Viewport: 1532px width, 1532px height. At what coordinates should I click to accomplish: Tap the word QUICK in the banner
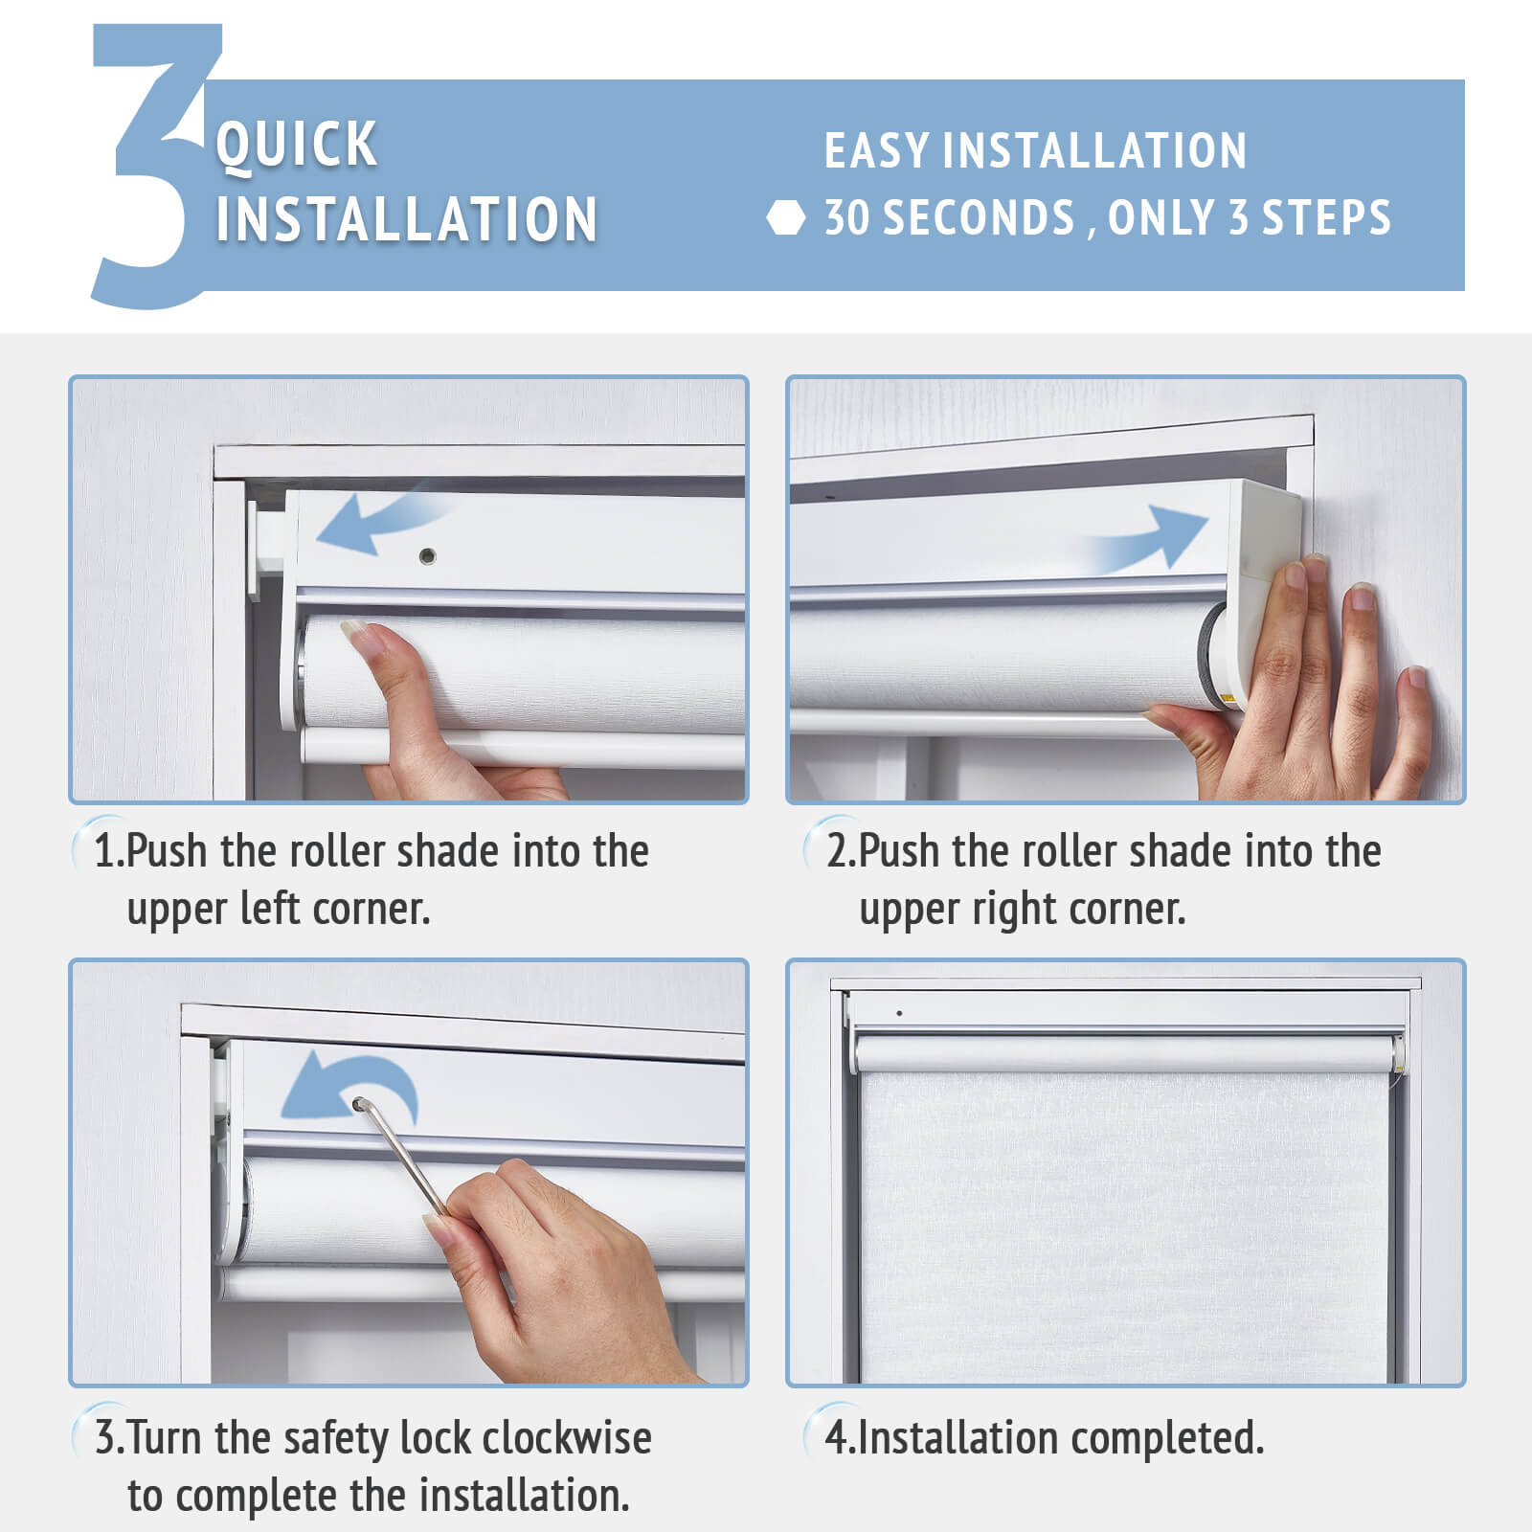(297, 146)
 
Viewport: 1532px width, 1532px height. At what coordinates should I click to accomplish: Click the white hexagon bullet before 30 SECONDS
(786, 218)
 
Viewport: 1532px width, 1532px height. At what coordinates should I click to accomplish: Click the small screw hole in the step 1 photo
(427, 555)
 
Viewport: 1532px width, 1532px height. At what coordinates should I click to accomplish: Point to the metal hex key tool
(402, 1159)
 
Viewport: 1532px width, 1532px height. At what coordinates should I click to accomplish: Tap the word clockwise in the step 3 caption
(567, 1438)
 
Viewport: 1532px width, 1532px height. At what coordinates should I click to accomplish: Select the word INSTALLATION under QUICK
(407, 219)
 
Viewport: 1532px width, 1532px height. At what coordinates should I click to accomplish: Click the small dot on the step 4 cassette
(899, 1013)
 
